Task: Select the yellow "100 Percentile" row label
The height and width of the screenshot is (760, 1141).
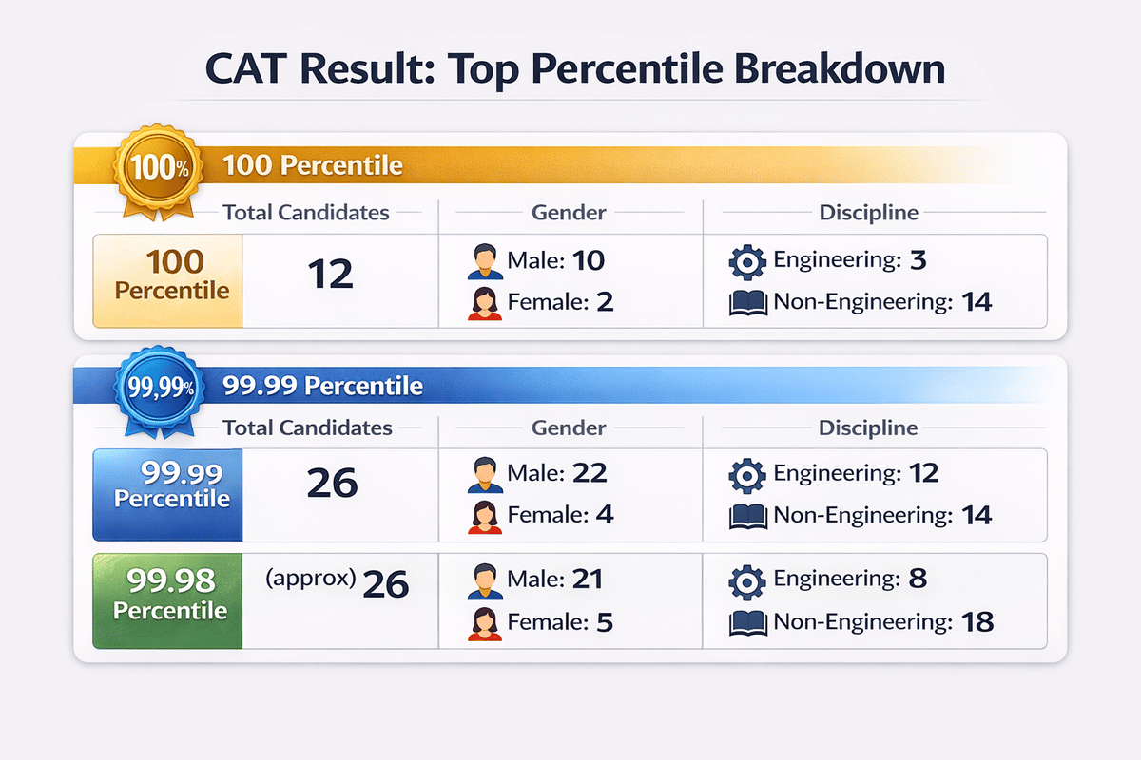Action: (168, 275)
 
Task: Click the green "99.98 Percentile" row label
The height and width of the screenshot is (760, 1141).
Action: (168, 595)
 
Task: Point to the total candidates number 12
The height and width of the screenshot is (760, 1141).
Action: (330, 275)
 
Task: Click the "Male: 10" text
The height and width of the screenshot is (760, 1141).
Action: (556, 260)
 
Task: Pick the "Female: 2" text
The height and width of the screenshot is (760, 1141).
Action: (560, 302)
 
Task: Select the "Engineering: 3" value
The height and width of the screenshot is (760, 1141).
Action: (851, 260)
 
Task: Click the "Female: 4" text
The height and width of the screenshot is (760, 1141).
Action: (560, 515)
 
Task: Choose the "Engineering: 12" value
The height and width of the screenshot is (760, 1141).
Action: (856, 472)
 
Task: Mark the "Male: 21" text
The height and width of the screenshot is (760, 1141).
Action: (556, 579)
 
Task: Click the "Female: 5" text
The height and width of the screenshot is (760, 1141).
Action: (560, 622)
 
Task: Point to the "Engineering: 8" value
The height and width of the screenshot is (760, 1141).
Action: (851, 579)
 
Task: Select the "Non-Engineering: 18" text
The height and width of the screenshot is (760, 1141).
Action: (883, 622)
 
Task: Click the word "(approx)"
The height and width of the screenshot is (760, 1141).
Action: (314, 579)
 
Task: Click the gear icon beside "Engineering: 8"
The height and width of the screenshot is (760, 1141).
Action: (745, 579)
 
